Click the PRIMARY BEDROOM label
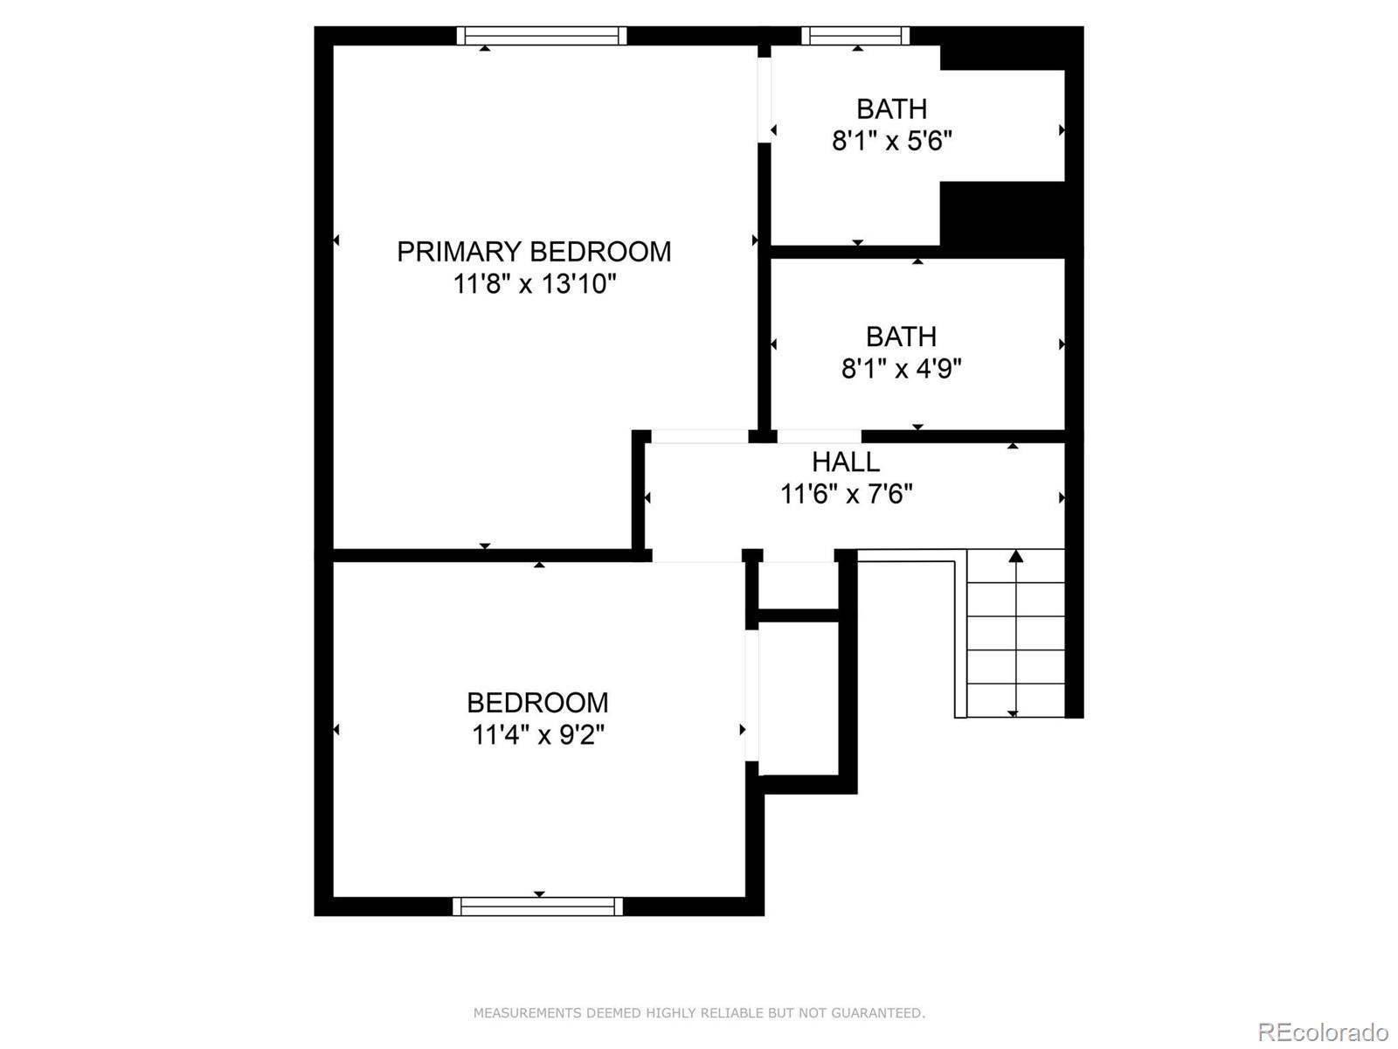click(534, 252)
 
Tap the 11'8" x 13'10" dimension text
click(534, 284)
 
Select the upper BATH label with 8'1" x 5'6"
click(891, 109)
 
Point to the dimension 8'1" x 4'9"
click(901, 369)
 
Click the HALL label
click(845, 462)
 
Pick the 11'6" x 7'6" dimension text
click(845, 495)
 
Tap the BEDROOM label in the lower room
click(537, 702)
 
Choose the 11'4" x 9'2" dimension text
click(537, 735)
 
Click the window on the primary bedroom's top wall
click(542, 36)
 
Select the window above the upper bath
click(856, 36)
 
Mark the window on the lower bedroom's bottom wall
click(537, 907)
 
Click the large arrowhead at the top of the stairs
click(1015, 556)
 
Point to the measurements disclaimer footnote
click(699, 1013)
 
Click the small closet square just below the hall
click(798, 585)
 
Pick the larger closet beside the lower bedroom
click(798, 699)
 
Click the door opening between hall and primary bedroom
click(700, 436)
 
